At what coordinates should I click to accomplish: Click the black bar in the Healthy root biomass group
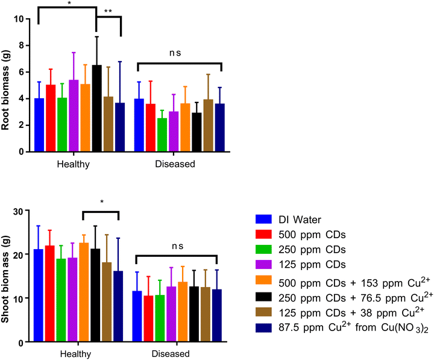pos(97,109)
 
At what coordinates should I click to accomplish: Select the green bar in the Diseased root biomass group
pos(162,135)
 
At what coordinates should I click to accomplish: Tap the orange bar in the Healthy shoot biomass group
pos(84,292)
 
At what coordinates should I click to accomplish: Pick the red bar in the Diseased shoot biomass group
pos(148,319)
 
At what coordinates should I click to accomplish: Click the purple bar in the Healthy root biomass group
pos(74,116)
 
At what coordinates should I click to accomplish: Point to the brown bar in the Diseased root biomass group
pos(209,125)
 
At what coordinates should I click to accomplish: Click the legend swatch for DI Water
pos(263,219)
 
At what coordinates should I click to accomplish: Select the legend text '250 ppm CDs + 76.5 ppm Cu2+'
pos(356,297)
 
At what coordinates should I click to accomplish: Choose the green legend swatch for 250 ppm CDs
pos(263,249)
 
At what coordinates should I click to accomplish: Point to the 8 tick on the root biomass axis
pos(27,45)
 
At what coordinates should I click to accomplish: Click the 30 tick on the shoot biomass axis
pos(27,210)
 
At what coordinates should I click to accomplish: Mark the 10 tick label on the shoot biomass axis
pos(18,298)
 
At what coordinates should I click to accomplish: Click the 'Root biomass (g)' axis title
pos(5,90)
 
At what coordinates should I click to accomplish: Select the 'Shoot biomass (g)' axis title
pos(5,279)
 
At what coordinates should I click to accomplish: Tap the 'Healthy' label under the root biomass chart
pos(74,164)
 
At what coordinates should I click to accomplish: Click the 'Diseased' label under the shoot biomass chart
pos(171,354)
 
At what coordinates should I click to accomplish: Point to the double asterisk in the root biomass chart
pos(108,11)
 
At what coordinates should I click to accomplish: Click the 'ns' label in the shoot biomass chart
pos(177,246)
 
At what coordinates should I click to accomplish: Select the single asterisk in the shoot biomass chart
pos(102,202)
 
